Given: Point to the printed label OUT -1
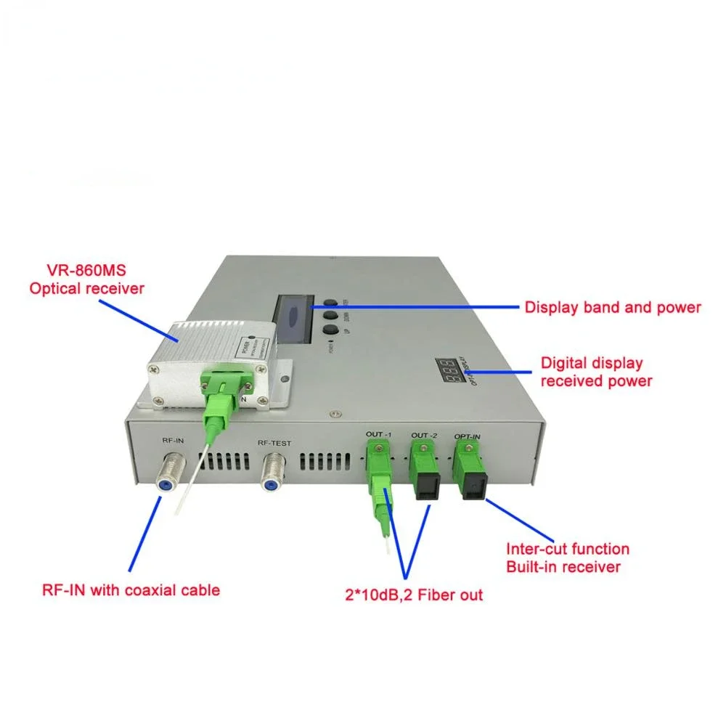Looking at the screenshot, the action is point(379,435).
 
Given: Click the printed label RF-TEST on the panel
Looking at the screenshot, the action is point(274,441).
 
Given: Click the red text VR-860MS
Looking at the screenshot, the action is point(86,272).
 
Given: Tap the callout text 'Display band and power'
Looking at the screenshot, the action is point(613,308).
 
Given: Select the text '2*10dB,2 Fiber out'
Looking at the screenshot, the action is point(414,595).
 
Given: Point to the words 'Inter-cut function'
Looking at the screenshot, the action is point(567,549).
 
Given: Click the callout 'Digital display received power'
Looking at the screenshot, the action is point(596,372).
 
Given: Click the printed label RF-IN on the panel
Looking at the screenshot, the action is point(172,440).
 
